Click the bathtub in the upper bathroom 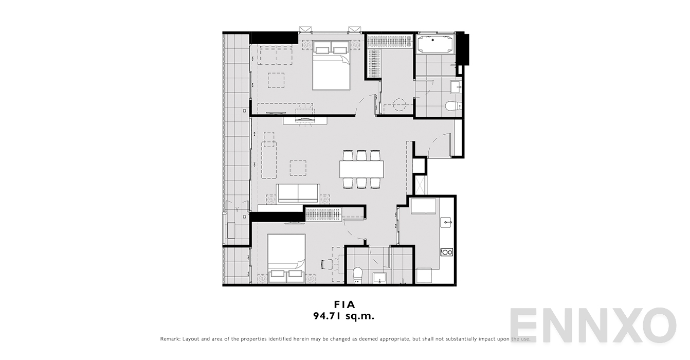pyautogui.click(x=434, y=44)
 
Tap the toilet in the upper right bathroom pyautogui.click(x=453, y=106)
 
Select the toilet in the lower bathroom pyautogui.click(x=358, y=275)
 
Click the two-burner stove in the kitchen pyautogui.click(x=446, y=252)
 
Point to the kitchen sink pyautogui.click(x=446, y=222)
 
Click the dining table pyautogui.click(x=361, y=169)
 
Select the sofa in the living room pyautogui.click(x=298, y=194)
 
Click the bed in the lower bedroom pyautogui.click(x=286, y=258)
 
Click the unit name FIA pyautogui.click(x=344, y=304)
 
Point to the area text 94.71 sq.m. pyautogui.click(x=344, y=316)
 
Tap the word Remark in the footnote pyautogui.click(x=170, y=339)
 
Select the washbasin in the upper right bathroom pyautogui.click(x=456, y=87)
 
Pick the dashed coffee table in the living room pyautogui.click(x=298, y=168)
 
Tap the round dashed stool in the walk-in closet pyautogui.click(x=398, y=105)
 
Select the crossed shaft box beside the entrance pyautogui.click(x=420, y=185)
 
